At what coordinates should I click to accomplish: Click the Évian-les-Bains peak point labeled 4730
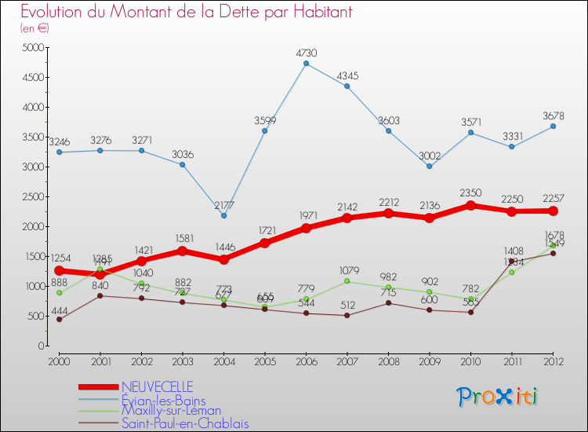coord(306,64)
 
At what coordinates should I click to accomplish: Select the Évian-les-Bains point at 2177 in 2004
coord(223,215)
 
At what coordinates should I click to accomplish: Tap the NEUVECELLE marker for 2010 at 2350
coord(470,205)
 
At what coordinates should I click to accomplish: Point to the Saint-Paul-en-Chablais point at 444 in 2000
coord(58,319)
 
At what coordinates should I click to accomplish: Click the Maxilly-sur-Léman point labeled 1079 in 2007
coord(347,281)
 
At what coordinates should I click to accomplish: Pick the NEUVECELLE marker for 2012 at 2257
coord(553,211)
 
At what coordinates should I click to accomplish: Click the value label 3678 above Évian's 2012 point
coord(553,115)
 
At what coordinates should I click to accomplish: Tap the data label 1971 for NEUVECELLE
coord(306,214)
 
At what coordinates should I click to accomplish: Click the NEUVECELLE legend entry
coord(157,386)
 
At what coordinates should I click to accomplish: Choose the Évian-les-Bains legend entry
coord(163,399)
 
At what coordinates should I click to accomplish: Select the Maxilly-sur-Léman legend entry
coord(171,411)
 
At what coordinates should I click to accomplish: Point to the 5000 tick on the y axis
coord(33,48)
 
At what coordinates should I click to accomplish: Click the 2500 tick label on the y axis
coord(33,197)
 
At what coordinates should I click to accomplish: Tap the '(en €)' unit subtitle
coord(35,28)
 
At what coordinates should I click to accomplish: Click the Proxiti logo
coord(498,397)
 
